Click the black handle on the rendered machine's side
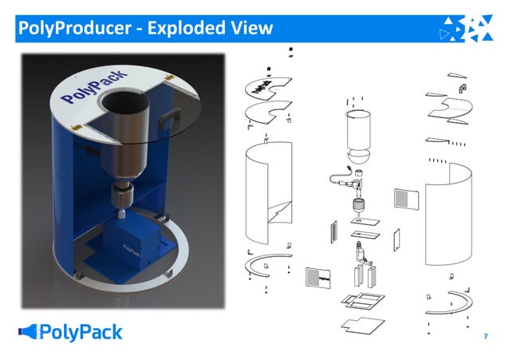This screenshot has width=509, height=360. (167, 117)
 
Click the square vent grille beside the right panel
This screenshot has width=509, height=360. (405, 200)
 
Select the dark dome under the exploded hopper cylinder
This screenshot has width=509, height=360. (358, 156)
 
